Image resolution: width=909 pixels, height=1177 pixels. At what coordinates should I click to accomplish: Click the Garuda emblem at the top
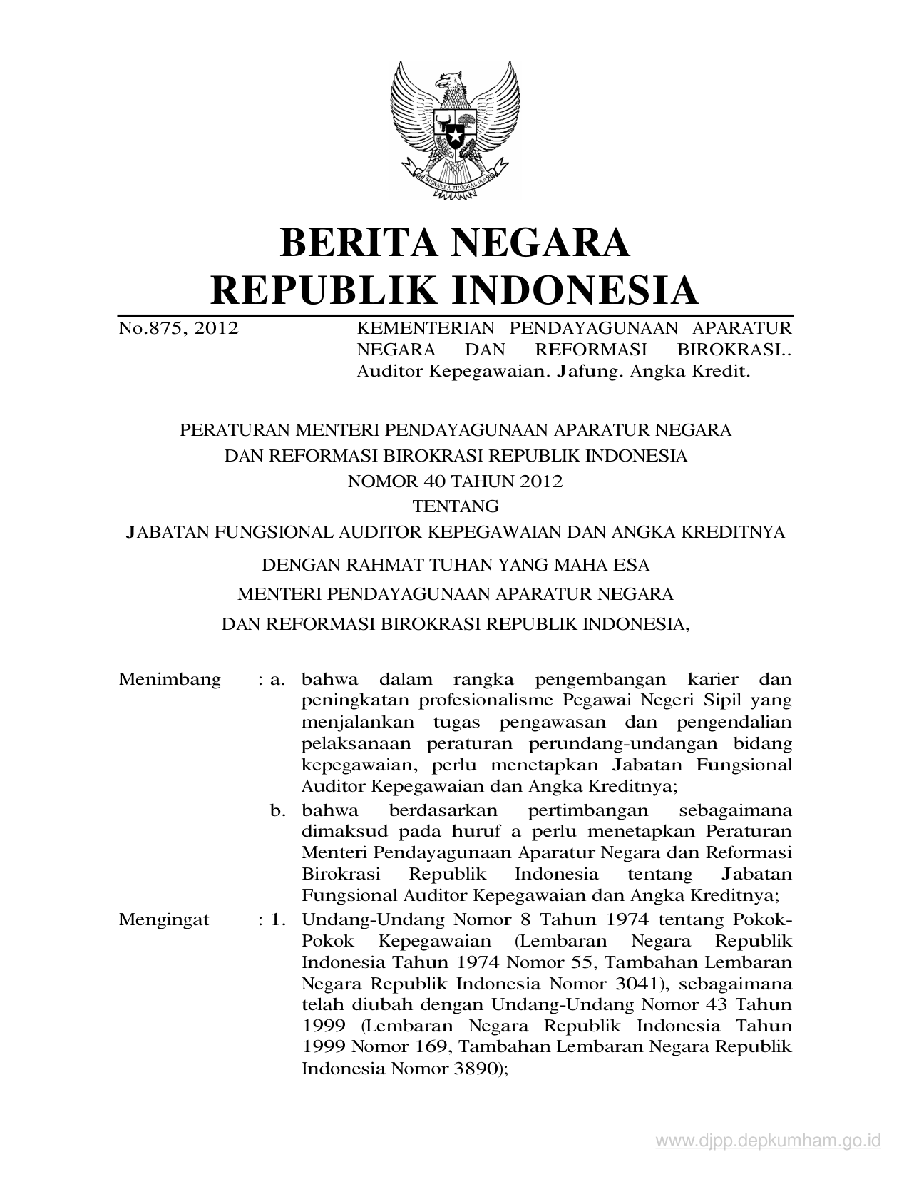tap(453, 129)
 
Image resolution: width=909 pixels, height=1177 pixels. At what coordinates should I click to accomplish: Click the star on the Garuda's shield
tap(453, 133)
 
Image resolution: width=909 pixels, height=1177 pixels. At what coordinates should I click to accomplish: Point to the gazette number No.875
tap(151, 329)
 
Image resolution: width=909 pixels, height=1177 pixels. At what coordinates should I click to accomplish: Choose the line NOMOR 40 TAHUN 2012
tap(455, 481)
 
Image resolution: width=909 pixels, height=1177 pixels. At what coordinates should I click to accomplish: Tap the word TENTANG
tap(455, 507)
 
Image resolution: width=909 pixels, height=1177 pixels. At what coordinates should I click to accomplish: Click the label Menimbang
tap(170, 679)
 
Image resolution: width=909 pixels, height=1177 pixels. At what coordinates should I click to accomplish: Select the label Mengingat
tap(165, 919)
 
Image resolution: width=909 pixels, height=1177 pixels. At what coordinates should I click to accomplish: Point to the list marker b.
tap(277, 811)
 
